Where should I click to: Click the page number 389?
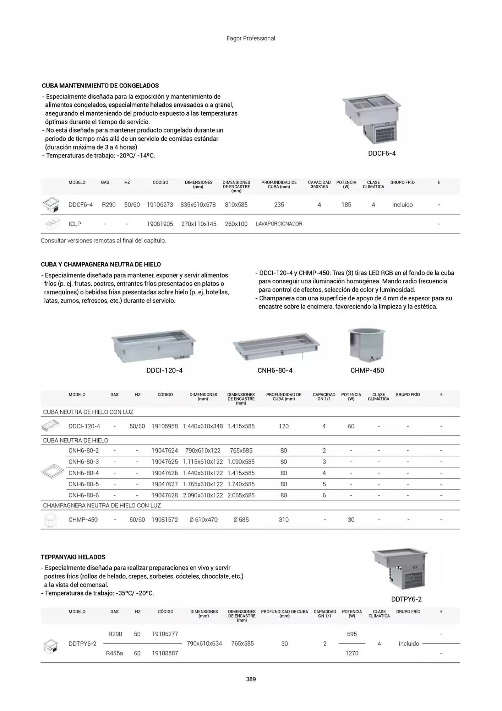point(251,679)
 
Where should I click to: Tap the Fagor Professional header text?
point(251,38)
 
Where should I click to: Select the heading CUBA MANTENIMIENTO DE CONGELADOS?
point(100,86)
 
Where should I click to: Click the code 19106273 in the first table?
point(160,205)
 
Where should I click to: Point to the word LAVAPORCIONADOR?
point(279,224)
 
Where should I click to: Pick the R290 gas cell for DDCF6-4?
point(109,205)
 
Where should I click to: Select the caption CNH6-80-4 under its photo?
point(275,370)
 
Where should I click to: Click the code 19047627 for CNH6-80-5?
point(165,484)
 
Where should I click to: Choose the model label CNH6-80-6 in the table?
point(83,495)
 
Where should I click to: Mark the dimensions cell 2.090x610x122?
point(203,495)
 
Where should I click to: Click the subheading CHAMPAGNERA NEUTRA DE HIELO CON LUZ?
point(102,506)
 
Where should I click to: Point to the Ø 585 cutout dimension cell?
point(241,520)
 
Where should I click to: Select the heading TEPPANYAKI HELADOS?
point(73,557)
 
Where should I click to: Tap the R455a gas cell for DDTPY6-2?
point(114,653)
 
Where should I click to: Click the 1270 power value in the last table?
point(352,653)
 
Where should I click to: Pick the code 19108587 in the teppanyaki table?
point(165,653)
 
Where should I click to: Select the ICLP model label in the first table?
point(75,224)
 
